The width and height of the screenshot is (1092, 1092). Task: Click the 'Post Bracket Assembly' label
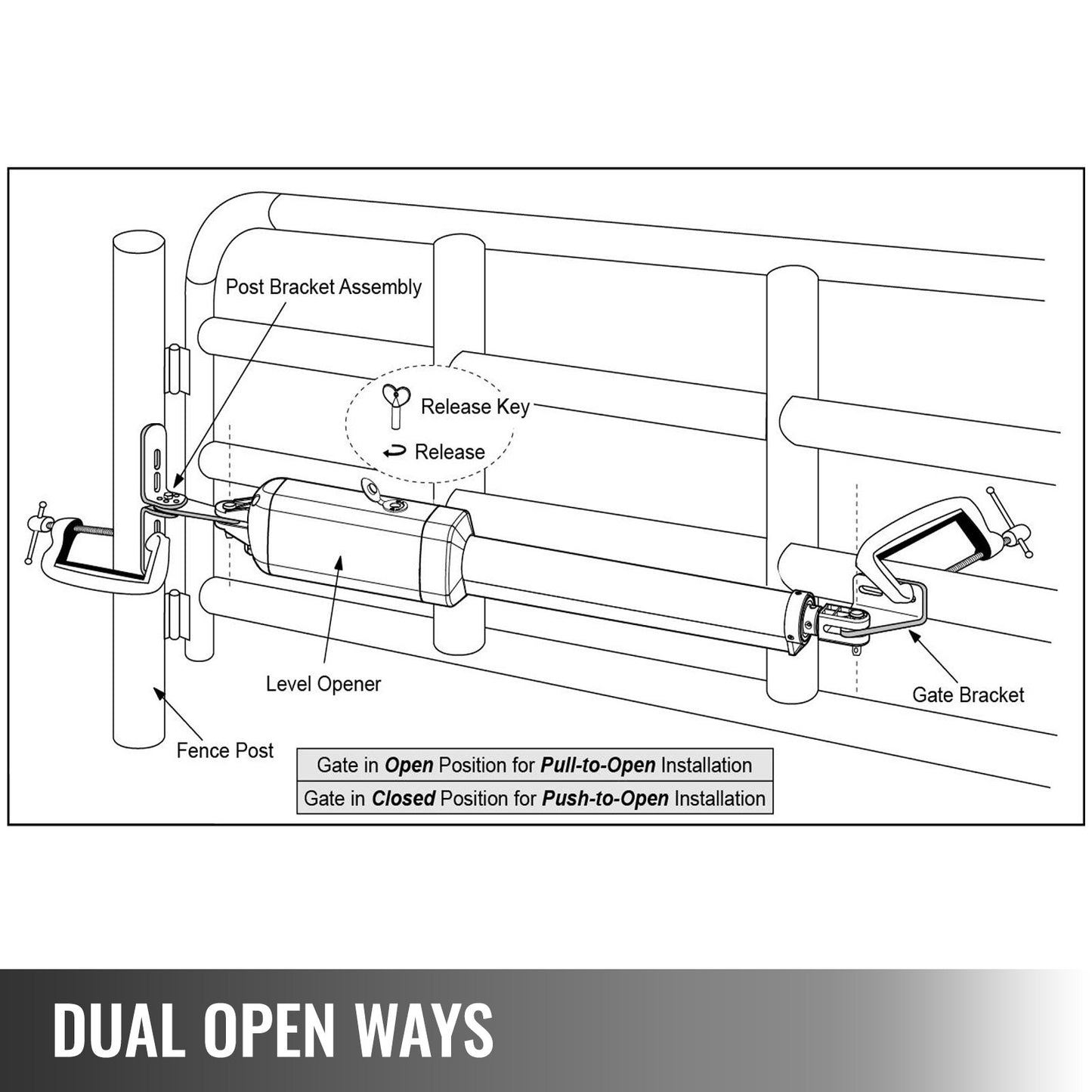323,287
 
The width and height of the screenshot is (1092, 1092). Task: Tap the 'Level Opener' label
323,684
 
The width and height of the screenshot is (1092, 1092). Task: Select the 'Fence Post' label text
224,750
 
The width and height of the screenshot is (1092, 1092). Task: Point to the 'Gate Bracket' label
968,694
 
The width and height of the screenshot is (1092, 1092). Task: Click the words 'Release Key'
475,407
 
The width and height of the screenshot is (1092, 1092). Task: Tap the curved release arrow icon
394,453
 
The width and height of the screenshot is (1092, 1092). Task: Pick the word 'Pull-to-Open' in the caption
598,765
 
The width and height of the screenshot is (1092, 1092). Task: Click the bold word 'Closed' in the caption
404,798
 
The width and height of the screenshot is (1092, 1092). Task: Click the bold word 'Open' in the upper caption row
409,765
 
